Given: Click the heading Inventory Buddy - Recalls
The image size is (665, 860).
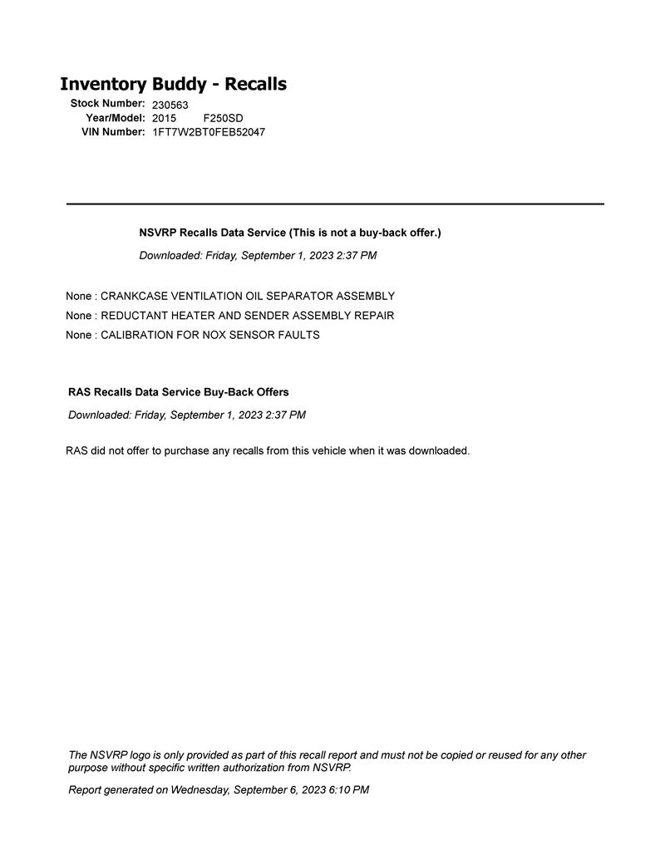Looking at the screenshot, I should pos(173,84).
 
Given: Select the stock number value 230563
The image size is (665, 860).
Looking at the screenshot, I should pos(170,105).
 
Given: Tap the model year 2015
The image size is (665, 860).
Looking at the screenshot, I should pos(164,118).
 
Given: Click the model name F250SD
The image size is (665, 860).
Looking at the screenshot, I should pos(224,118).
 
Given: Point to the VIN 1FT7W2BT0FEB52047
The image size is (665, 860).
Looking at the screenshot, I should pos(209,132).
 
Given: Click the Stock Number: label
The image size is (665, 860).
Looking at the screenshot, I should pos(107,104).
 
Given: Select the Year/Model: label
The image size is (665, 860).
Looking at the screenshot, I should pos(116,118).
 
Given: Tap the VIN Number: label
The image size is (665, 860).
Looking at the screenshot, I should pos(113,132).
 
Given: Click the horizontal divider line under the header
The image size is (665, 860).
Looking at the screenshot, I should pos(335,204).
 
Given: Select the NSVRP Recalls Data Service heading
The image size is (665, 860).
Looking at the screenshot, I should pos(290,233).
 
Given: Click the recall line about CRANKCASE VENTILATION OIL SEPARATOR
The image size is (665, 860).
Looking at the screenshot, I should pos(230,297).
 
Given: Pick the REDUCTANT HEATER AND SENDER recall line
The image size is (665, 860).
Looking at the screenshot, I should pos(230,316).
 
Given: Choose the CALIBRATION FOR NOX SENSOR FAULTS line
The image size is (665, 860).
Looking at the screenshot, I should pos(193,336).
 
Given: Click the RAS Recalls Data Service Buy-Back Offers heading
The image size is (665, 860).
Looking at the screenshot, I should pos(179,392).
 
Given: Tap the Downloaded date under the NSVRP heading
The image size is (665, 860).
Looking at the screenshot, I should pos(258,256).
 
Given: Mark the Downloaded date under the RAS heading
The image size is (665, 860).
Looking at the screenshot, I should pos(187,415).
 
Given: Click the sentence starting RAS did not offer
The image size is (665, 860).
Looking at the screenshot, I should pos(268,451).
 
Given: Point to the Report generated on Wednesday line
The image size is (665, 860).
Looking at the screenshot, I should pos(219,790).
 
